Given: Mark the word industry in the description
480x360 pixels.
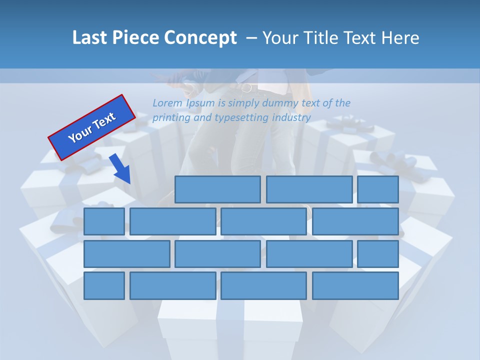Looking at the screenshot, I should pyautogui.click(x=291, y=118).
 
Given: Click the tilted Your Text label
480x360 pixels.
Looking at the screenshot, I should pyautogui.click(x=92, y=127).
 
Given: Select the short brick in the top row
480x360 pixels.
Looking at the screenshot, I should pyautogui.click(x=378, y=189).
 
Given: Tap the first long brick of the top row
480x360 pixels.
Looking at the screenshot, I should pyautogui.click(x=217, y=189).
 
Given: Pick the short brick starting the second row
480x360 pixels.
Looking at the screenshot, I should pyautogui.click(x=104, y=221).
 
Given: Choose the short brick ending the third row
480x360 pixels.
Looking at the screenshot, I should pyautogui.click(x=378, y=253).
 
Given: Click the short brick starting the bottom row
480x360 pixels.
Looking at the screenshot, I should pyautogui.click(x=104, y=285).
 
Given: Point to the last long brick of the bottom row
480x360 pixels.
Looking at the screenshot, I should pyautogui.click(x=355, y=285).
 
